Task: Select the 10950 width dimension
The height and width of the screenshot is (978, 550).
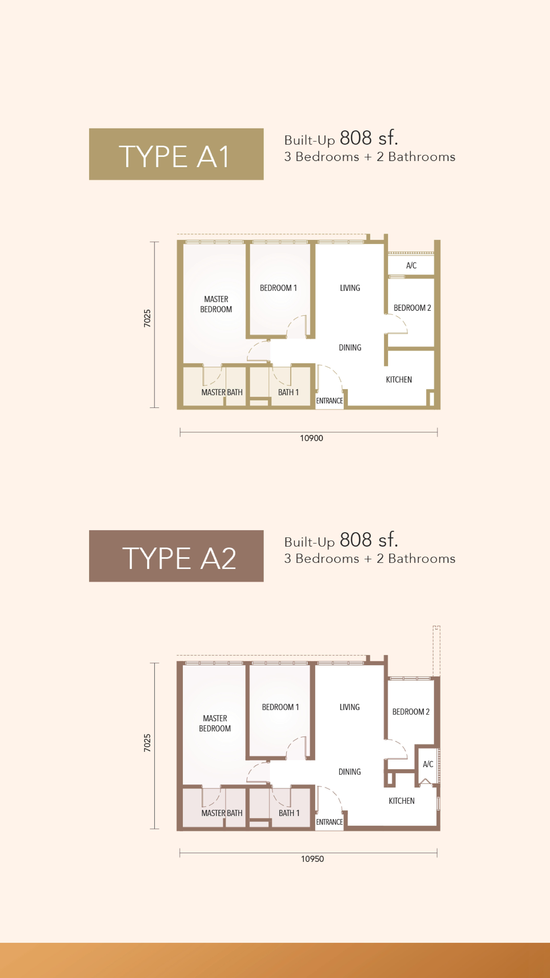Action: tap(312, 859)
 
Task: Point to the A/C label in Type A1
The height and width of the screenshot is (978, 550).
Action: tap(411, 265)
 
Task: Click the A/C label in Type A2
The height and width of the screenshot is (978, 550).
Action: tap(428, 764)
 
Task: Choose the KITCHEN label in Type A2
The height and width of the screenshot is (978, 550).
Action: tap(401, 801)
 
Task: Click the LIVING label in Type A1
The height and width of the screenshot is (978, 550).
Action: tap(350, 288)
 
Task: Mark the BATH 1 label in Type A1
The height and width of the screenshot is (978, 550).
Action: tap(288, 392)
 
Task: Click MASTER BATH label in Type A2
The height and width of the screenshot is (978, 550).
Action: tap(222, 813)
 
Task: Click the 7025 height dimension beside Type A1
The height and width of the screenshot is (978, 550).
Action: tap(147, 318)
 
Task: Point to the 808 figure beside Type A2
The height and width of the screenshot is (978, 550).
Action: tap(355, 540)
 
